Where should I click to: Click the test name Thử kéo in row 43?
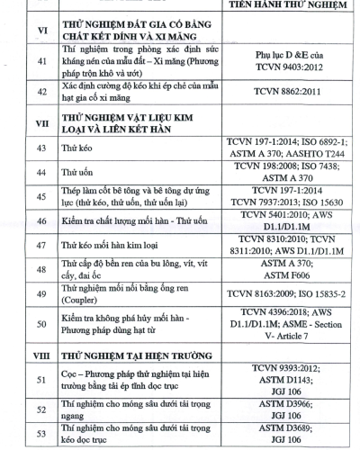[x=77, y=171]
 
